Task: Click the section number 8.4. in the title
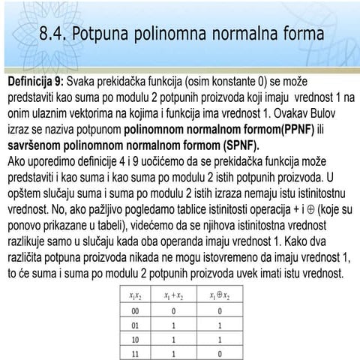pyautogui.click(x=59, y=34)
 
